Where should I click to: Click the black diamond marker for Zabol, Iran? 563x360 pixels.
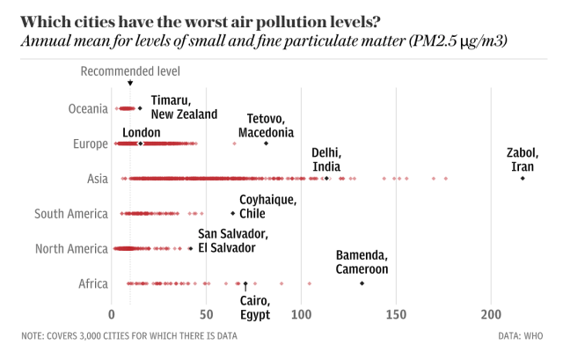click(523, 179)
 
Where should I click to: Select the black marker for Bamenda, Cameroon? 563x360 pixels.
click(362, 283)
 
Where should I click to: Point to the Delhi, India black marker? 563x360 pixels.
click(327, 179)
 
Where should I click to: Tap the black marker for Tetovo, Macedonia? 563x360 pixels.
click(267, 143)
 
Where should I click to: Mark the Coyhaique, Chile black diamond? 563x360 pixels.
click(233, 214)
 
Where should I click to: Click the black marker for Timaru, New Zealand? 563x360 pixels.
click(140, 108)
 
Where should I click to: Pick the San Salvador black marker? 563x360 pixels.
click(190, 249)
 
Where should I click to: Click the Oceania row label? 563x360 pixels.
click(87, 108)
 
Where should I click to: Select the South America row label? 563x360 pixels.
click(70, 214)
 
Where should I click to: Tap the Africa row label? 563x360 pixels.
click(92, 283)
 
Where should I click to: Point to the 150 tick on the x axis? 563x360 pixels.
click(396, 313)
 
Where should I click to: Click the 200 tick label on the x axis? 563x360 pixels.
click(491, 313)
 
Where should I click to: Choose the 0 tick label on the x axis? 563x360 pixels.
click(112, 313)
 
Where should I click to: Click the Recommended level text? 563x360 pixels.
click(130, 72)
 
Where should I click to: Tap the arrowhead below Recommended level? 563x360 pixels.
click(130, 84)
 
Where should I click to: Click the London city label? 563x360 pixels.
click(141, 132)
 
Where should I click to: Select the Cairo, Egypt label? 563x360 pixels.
click(255, 307)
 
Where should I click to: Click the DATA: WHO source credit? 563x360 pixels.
click(520, 335)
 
